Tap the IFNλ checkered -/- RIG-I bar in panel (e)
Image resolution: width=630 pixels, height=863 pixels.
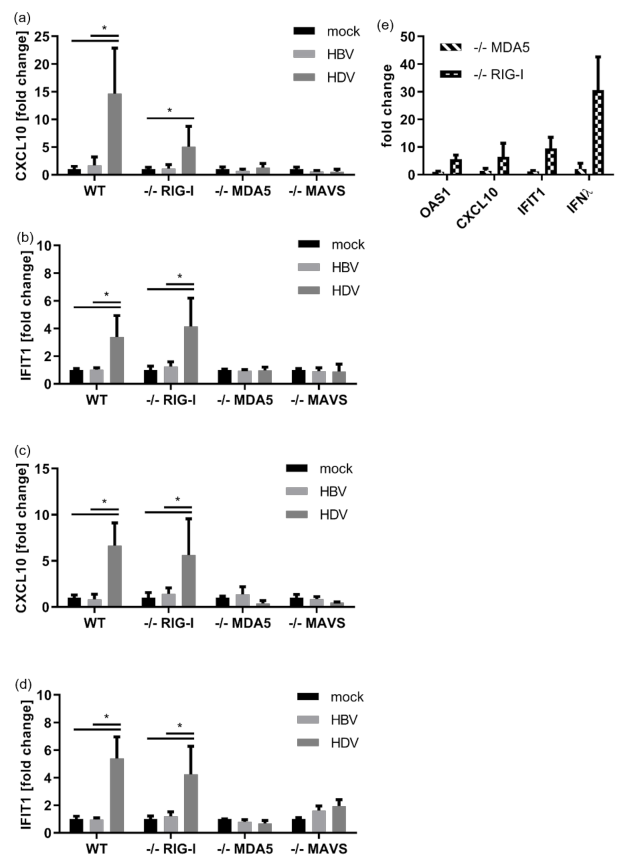pos(598,132)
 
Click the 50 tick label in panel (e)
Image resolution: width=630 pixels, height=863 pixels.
pos(407,37)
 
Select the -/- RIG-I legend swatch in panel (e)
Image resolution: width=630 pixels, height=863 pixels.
pos(451,75)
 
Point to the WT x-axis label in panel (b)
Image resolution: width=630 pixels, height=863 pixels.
pos(96,399)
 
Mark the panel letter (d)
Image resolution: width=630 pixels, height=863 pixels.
pos(24,684)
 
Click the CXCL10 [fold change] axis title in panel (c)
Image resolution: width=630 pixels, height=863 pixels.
pos(21,538)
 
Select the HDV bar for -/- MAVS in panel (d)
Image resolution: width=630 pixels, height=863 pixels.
pos(339,819)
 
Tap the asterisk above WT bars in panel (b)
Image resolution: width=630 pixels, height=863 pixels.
pos(106,295)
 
